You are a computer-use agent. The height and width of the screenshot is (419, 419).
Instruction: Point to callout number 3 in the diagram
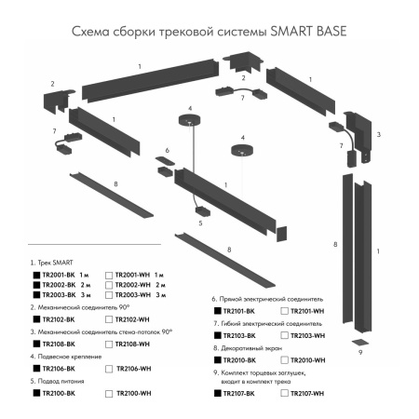click(377, 134)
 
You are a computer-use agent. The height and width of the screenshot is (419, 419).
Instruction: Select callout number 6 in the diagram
click(168, 150)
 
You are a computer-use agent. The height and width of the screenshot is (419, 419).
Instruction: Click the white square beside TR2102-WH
click(109, 318)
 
